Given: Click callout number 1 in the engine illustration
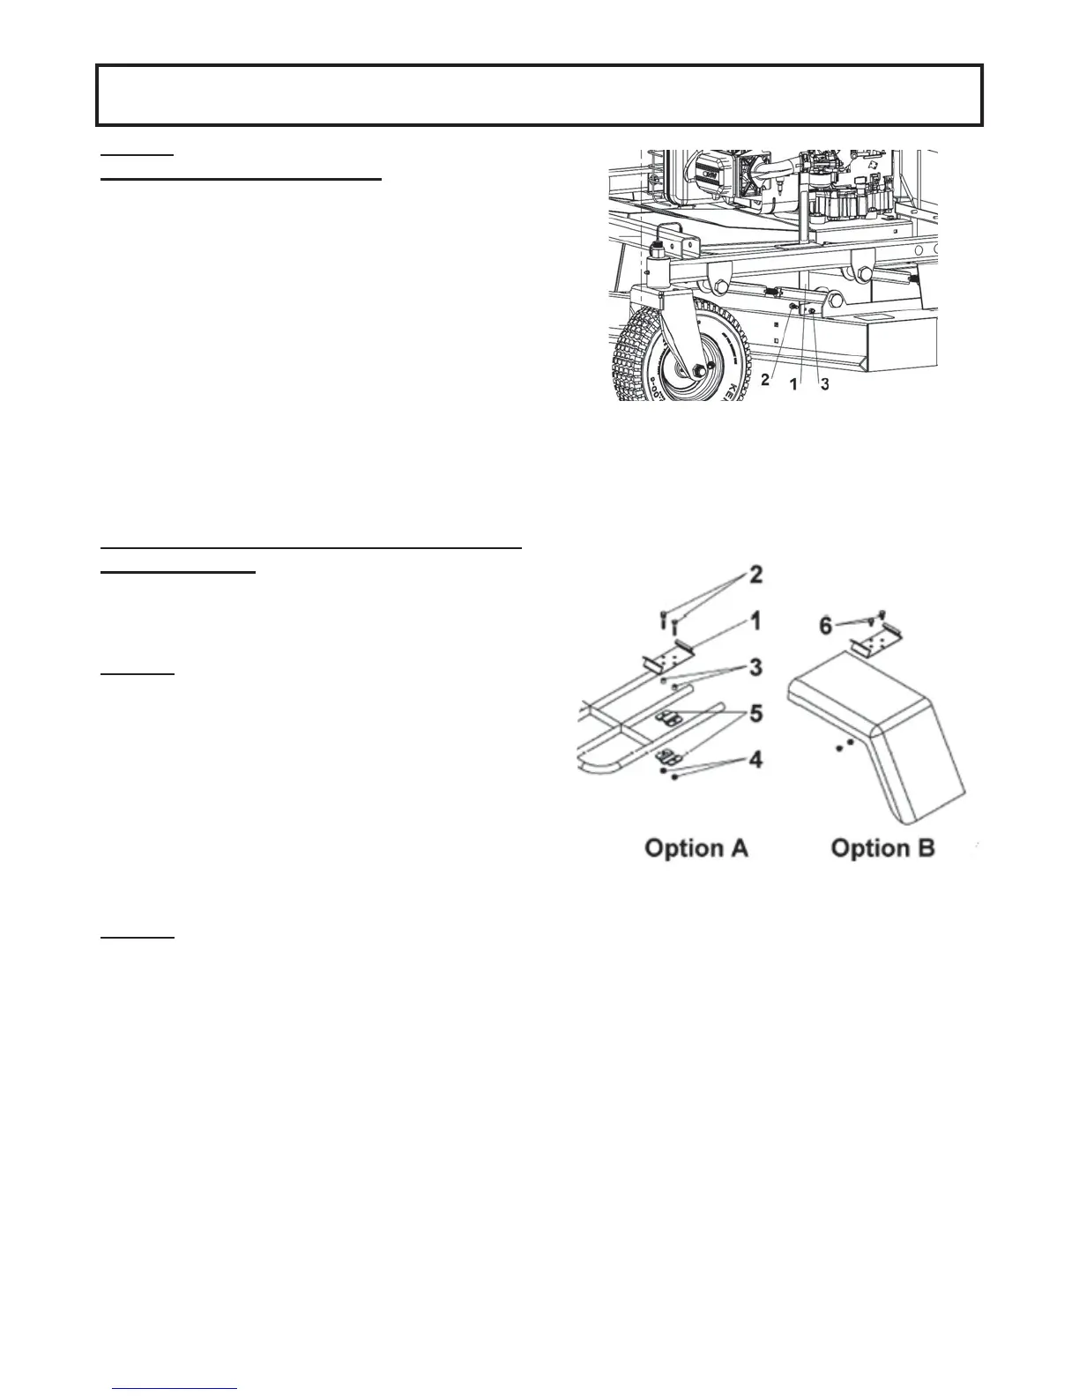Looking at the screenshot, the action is coord(793,384).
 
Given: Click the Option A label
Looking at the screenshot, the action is coord(696,848).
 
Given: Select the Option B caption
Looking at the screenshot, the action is coord(883,848).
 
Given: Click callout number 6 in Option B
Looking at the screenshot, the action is coord(825,627).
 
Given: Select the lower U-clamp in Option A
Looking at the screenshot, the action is coord(674,756).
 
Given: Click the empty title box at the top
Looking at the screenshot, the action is coord(539,94).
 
